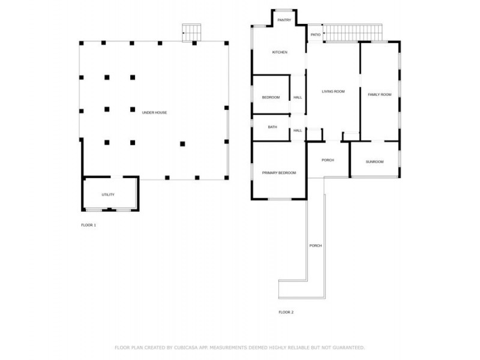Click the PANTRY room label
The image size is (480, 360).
[284, 20]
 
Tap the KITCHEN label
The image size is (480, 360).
[280, 52]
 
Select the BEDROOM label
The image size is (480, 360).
[271, 97]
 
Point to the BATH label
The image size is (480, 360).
[272, 127]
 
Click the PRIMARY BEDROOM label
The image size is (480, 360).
[279, 173]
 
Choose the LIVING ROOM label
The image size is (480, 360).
[333, 91]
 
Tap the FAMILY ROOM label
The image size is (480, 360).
[379, 95]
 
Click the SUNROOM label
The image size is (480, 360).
[374, 161]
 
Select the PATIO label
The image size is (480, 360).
[316, 35]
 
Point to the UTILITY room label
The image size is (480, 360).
[108, 194]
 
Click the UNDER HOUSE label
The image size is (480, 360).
[154, 113]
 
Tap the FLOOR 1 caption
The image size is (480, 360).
[88, 225]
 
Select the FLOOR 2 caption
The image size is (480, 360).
[286, 312]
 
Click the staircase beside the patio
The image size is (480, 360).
[353, 33]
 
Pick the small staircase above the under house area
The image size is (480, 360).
[192, 32]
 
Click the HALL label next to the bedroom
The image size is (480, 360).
[298, 97]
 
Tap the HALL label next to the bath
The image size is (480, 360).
[298, 130]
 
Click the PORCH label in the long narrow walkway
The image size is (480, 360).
[316, 246]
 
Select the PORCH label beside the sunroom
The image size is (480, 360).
[328, 160]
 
